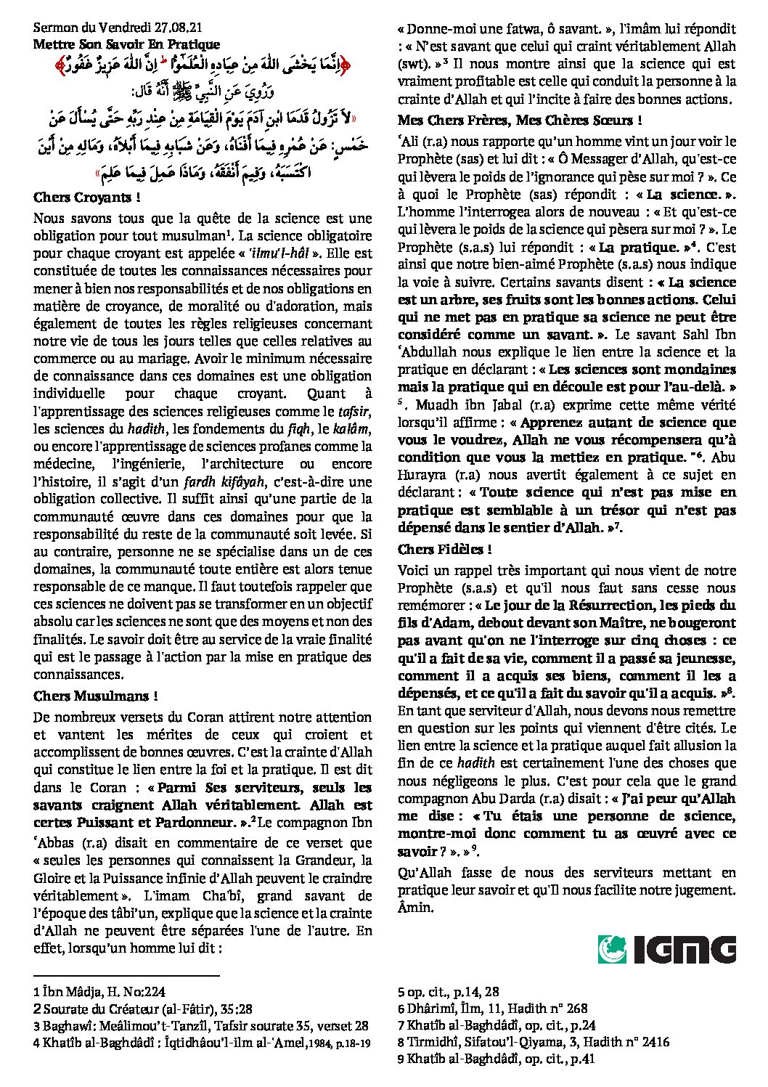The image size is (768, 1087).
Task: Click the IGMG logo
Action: tap(666, 949)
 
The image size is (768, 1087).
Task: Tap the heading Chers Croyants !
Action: tap(86, 197)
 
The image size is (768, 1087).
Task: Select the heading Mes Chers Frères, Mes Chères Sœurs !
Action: tap(520, 121)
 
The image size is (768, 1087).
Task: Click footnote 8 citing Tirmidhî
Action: tap(534, 1042)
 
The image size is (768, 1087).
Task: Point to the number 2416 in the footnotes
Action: tap(653, 1042)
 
